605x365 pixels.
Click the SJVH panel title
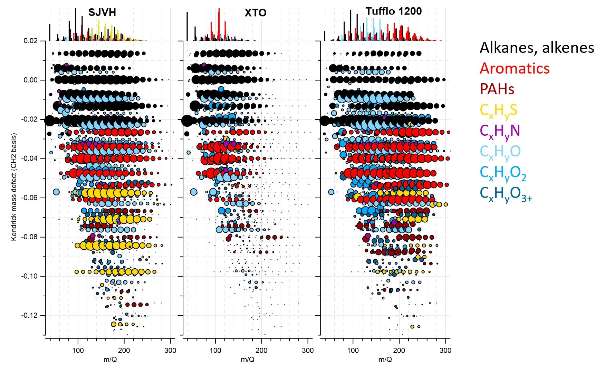(x=102, y=12)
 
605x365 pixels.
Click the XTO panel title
(x=256, y=13)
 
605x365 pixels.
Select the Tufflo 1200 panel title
(x=394, y=11)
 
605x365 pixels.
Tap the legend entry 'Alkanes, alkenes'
(x=537, y=48)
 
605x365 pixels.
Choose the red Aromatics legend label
(x=515, y=68)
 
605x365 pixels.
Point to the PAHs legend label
(x=497, y=89)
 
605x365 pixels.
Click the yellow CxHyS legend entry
(x=498, y=111)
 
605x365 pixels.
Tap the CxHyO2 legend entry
(x=503, y=173)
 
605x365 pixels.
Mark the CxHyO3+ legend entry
(x=506, y=194)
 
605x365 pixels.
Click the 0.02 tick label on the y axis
(x=30, y=41)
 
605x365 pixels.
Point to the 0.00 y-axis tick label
(x=30, y=80)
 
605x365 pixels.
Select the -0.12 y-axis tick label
(x=29, y=316)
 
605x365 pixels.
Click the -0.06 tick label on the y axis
(x=29, y=198)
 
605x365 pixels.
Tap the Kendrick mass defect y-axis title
(x=14, y=187)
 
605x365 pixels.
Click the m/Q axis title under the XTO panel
(x=247, y=359)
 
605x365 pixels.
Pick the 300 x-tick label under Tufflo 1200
(x=445, y=350)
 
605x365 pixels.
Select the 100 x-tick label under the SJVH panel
(x=78, y=350)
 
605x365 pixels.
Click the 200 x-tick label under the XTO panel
(x=261, y=350)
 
